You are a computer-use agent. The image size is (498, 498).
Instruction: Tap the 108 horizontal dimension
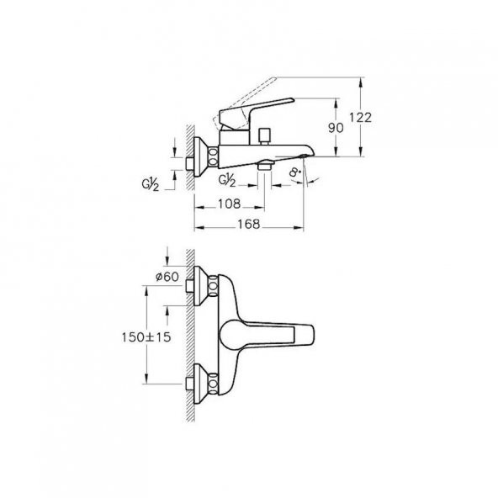click(x=229, y=204)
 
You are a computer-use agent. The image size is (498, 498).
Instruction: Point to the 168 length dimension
click(x=246, y=224)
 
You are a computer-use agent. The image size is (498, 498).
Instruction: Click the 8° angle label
click(x=295, y=176)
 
